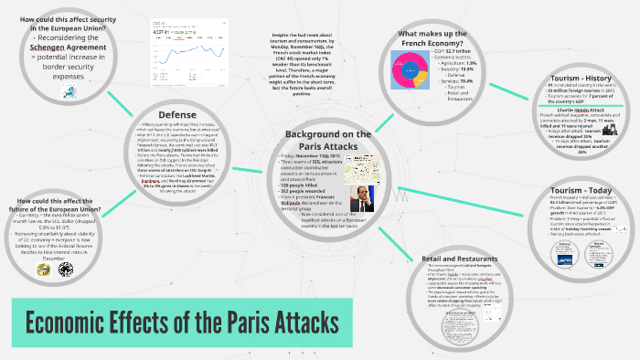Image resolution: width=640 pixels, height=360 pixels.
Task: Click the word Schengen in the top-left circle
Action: tap(47, 37)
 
